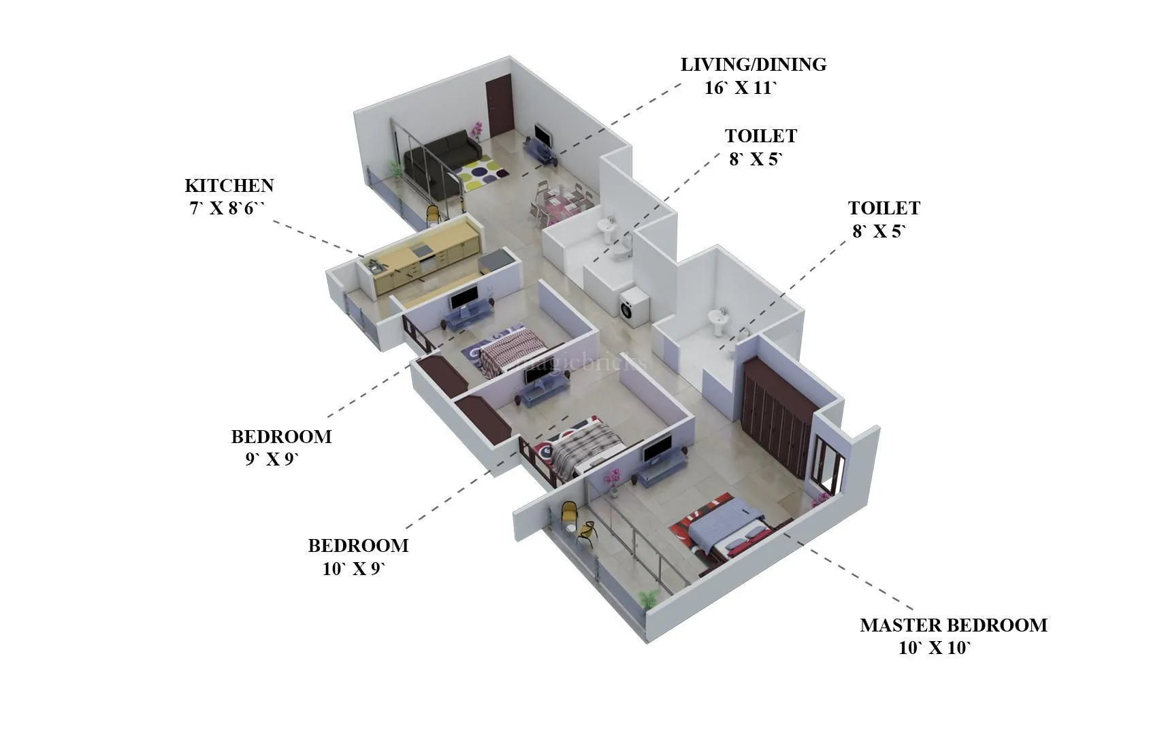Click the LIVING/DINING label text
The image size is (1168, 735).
(753, 65)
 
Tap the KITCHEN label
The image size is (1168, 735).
(229, 186)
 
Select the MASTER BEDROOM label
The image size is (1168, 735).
(953, 625)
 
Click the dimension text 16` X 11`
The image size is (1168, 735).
(740, 88)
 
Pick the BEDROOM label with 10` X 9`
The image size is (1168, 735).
(358, 546)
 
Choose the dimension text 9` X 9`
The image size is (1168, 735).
(272, 459)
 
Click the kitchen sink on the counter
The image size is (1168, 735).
(375, 264)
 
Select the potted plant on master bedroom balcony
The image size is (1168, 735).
(648, 600)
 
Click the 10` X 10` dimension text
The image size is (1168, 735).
(934, 649)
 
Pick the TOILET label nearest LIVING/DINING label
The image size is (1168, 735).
(760, 137)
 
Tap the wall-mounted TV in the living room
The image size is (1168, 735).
(543, 135)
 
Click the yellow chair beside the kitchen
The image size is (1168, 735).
(433, 215)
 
